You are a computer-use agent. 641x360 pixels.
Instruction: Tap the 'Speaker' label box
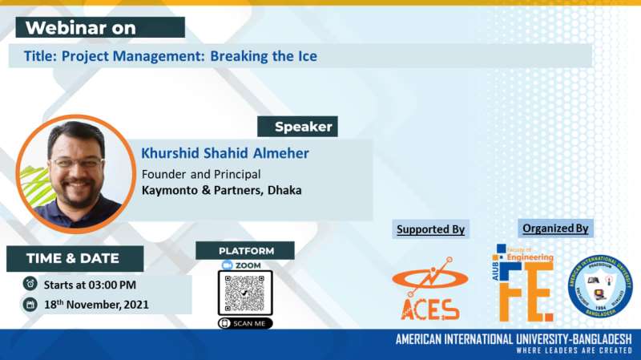point(297,127)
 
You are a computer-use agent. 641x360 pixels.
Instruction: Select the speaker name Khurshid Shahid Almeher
point(224,152)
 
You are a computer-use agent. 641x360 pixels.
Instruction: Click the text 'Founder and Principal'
point(201,174)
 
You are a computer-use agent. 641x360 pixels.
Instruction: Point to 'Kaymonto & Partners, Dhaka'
point(222,191)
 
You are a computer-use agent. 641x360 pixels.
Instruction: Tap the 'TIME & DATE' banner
point(73,258)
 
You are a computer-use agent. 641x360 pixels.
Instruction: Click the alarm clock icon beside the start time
point(30,283)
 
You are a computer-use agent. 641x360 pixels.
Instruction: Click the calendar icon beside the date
point(30,305)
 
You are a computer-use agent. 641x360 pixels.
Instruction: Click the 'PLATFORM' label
point(245,250)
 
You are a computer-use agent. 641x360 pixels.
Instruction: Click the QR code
point(245,293)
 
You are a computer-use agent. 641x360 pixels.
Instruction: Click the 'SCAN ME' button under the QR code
point(245,323)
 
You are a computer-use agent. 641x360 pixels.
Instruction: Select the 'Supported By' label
point(430,229)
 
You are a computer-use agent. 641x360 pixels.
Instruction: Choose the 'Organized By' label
point(555,228)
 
